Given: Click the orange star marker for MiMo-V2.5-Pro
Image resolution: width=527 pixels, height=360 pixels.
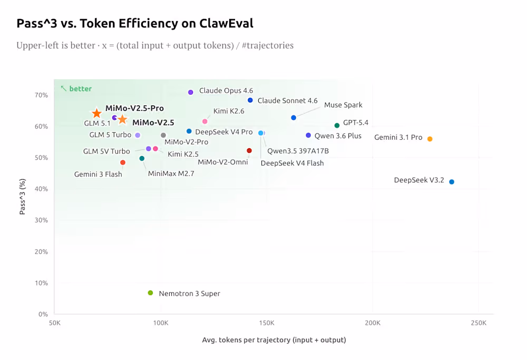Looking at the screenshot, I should click(96, 113).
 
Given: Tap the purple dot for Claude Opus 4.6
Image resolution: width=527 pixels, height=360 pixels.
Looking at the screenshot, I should click(191, 92).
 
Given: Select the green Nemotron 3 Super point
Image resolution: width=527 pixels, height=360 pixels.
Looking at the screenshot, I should click(150, 293).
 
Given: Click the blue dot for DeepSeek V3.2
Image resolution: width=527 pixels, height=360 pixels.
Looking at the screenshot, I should click(452, 182).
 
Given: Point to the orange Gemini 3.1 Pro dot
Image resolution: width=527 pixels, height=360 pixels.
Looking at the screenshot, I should click(430, 139).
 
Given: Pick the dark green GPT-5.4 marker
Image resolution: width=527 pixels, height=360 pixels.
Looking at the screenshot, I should click(337, 125).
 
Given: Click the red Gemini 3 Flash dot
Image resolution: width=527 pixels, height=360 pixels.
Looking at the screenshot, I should click(123, 162).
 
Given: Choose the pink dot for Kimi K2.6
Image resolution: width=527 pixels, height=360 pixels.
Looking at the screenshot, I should click(205, 122).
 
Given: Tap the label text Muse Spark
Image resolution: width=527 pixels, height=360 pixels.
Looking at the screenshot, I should click(343, 105).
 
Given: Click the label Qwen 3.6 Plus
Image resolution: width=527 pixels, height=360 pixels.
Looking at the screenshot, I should click(338, 135).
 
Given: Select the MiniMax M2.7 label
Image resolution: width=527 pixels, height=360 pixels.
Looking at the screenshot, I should click(171, 173).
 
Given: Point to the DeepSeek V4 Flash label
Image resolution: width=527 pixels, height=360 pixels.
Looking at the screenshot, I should click(292, 163).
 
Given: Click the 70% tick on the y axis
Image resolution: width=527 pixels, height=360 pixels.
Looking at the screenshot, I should click(41, 95).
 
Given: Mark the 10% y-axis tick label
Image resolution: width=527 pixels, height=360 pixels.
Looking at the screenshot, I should click(41, 283).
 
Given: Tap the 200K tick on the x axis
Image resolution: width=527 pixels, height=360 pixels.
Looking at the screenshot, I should click(373, 323).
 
